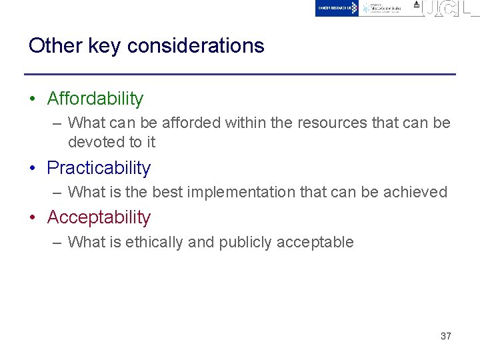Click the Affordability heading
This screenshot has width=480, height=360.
[x=95, y=99]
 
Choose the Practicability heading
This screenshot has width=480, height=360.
[x=99, y=168]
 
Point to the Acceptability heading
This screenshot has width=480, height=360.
[x=99, y=217]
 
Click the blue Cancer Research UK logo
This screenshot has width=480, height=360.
[x=337, y=8]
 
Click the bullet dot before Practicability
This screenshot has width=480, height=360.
[x=32, y=169]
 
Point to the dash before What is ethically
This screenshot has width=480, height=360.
[x=57, y=243]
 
